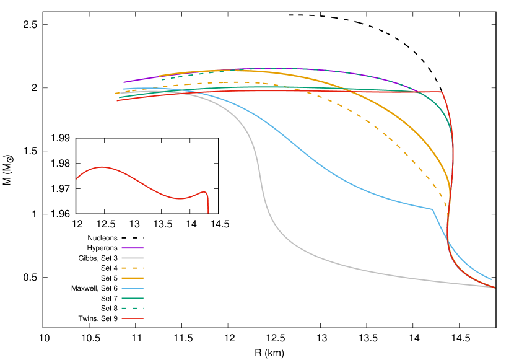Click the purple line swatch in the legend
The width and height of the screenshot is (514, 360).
[x=133, y=248]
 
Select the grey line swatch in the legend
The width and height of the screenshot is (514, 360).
[x=133, y=258]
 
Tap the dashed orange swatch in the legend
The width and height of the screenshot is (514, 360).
[x=133, y=268]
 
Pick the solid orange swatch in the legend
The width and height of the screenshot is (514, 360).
[x=133, y=278]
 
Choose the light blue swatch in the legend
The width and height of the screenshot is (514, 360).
[x=133, y=288]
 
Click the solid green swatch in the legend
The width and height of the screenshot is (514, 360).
[x=133, y=298]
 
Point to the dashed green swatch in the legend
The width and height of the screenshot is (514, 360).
[x=133, y=308]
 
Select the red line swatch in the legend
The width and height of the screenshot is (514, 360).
[x=133, y=318]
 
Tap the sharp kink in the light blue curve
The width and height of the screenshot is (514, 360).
[x=432, y=209]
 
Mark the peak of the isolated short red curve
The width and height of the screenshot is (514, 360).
[x=102, y=167]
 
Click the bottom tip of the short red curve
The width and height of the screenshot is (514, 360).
[x=208, y=213]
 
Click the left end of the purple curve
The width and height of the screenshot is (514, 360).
[x=124, y=82]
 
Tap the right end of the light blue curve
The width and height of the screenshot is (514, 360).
[x=491, y=279]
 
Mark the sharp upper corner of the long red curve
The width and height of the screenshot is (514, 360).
[x=442, y=92]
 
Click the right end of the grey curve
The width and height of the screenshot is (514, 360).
[x=494, y=287]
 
